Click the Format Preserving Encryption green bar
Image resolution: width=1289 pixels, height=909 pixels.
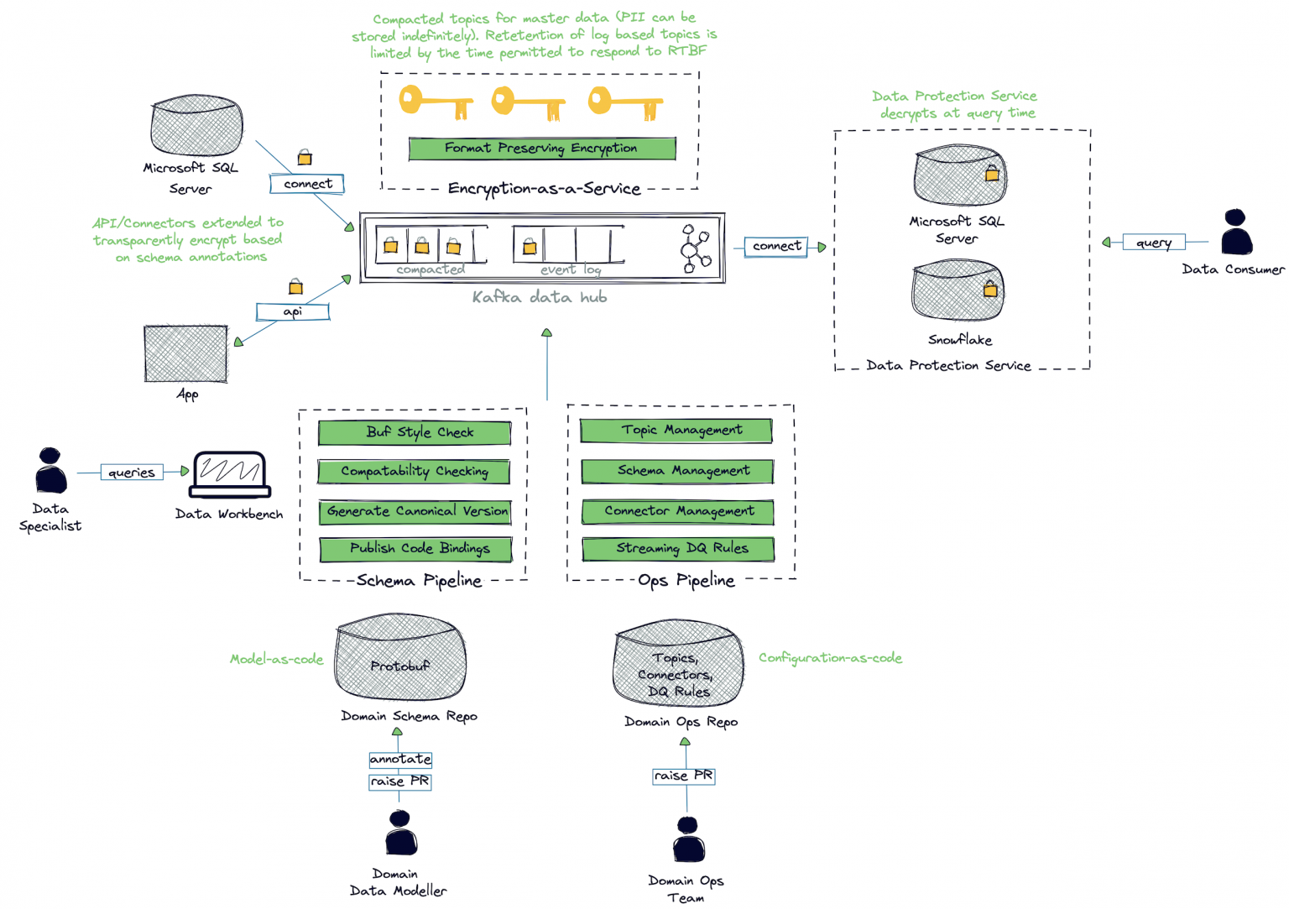click(541, 149)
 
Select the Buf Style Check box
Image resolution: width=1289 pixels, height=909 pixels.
click(415, 432)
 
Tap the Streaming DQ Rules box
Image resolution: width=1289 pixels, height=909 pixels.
click(678, 549)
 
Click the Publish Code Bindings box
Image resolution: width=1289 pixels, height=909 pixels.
click(416, 549)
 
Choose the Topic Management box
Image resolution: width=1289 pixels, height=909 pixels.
click(676, 431)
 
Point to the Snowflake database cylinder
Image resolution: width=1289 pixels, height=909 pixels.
click(958, 290)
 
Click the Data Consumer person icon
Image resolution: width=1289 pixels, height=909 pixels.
click(1236, 232)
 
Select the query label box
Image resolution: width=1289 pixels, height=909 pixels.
click(1154, 243)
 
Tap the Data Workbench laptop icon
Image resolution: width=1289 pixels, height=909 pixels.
click(230, 474)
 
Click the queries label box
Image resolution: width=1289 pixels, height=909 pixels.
click(132, 473)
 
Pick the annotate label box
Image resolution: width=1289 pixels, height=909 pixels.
click(400, 759)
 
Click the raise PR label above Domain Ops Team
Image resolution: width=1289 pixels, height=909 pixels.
click(684, 776)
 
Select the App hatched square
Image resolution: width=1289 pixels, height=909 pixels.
click(185, 353)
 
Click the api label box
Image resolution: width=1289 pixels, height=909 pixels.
click(293, 311)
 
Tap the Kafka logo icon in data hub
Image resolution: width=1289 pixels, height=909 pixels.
click(696, 249)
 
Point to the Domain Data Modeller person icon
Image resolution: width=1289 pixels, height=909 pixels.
click(401, 833)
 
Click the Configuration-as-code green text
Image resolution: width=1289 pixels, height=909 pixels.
click(830, 658)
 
